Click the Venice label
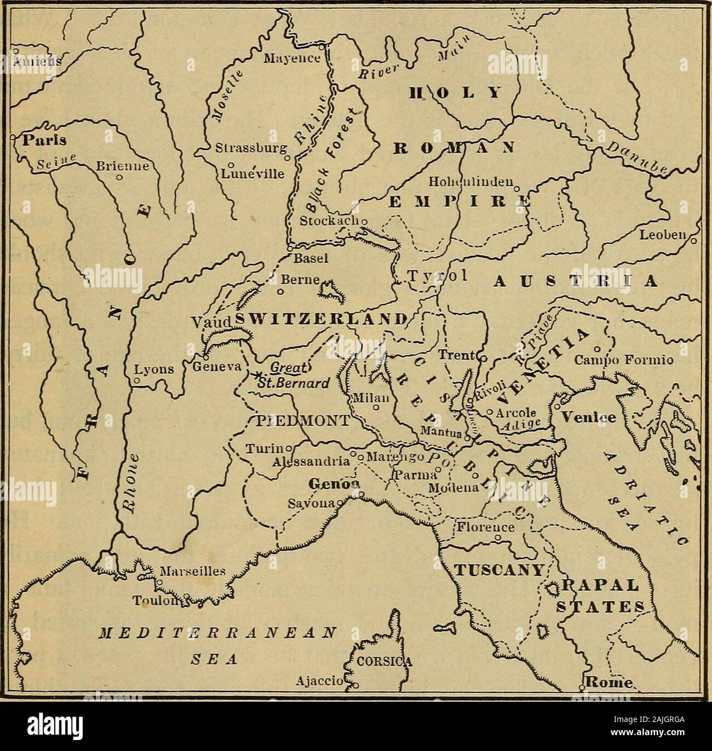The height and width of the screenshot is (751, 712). (x=587, y=417)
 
